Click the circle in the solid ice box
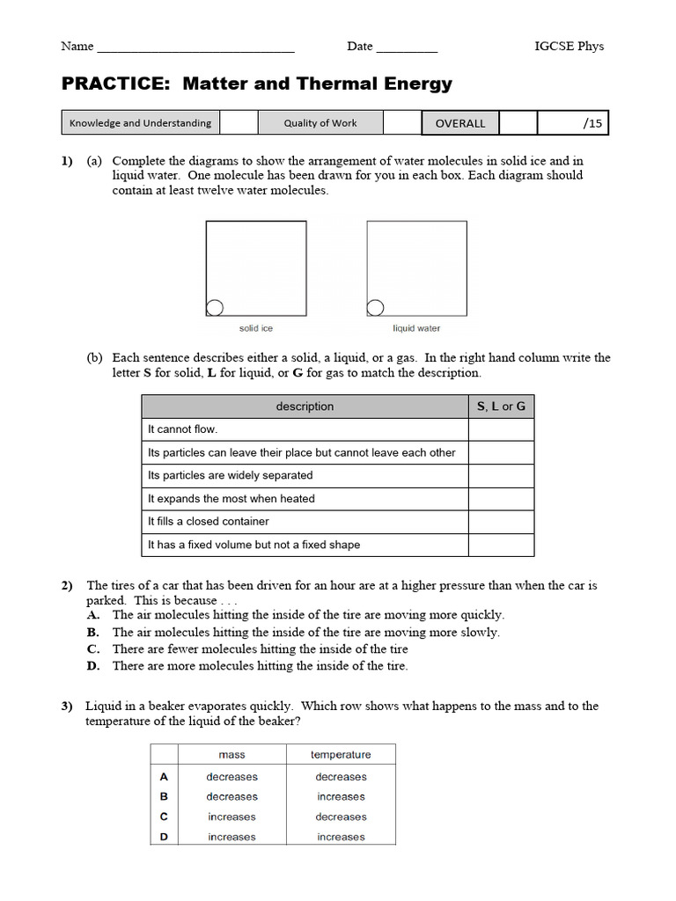tap(214, 307)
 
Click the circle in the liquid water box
tap(375, 307)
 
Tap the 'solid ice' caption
tap(256, 328)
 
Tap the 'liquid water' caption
tap(416, 328)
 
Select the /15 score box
tap(573, 123)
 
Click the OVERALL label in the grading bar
tap(460, 123)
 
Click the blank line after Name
tap(195, 47)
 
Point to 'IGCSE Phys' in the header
tap(569, 47)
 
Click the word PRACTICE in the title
tap(114, 84)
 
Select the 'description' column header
tap(305, 407)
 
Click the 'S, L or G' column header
tap(501, 407)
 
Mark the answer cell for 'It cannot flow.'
tap(501, 429)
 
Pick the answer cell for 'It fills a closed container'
tap(501, 522)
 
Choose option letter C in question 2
tap(92, 649)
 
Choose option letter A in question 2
tap(92, 616)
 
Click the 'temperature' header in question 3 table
tap(341, 754)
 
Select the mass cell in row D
tap(231, 837)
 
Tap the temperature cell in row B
tap(341, 796)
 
